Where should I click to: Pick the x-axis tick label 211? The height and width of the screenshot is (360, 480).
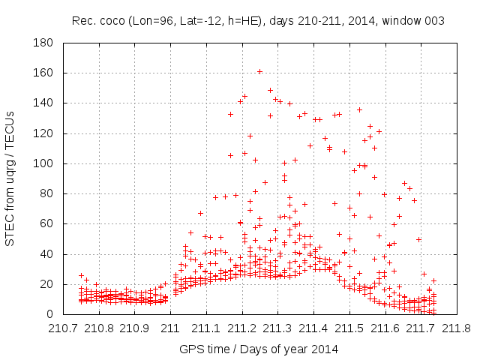170,328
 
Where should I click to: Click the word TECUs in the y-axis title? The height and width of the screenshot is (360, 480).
10,126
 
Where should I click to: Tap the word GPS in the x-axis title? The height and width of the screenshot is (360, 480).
190,349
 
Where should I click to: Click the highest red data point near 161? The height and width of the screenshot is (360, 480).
259,72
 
